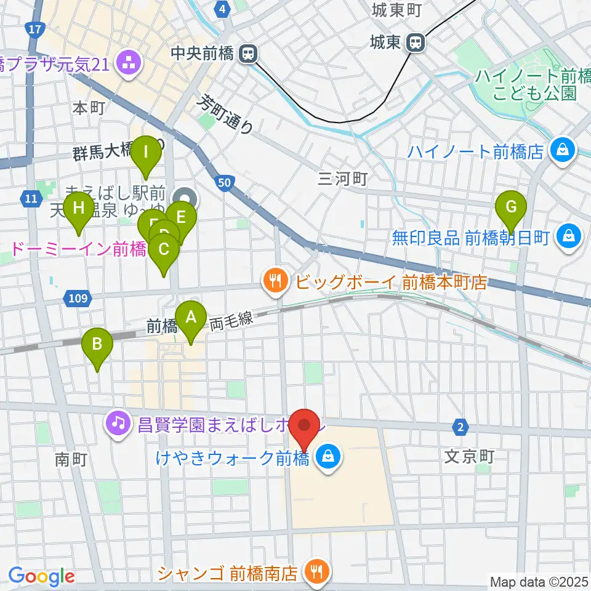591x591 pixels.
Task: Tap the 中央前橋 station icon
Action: (x=249, y=54)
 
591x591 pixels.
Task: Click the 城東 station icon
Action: (x=416, y=42)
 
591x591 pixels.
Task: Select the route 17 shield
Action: (x=36, y=28)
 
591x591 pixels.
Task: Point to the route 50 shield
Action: (x=223, y=181)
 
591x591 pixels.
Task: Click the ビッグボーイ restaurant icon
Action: (x=273, y=282)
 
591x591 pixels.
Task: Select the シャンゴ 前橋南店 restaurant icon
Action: (x=317, y=573)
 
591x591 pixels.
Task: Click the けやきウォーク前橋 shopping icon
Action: (x=328, y=456)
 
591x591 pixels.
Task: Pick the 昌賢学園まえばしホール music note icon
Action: (x=116, y=422)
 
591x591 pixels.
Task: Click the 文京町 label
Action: (x=469, y=457)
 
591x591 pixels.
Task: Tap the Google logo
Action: (x=41, y=577)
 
